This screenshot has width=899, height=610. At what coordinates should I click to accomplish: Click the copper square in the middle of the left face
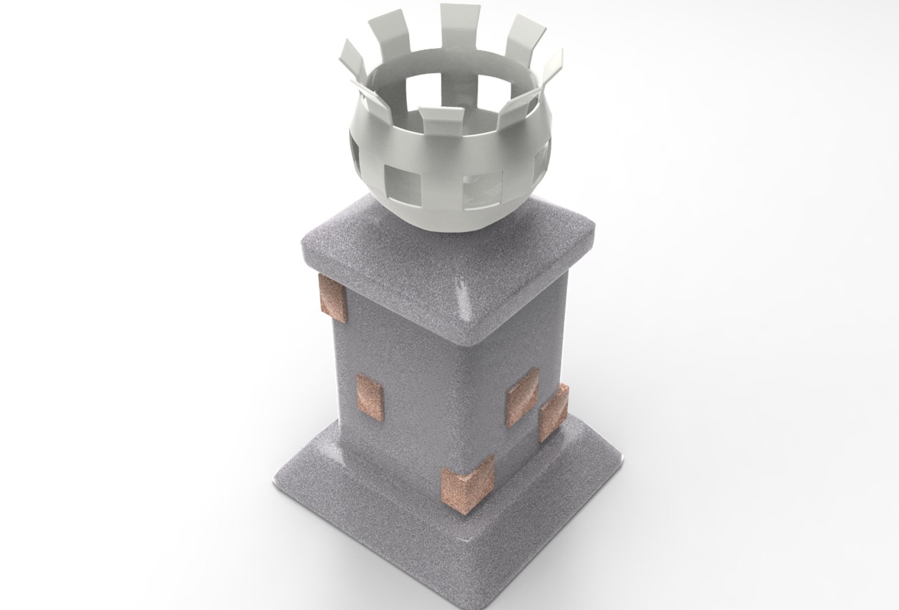(x=370, y=398)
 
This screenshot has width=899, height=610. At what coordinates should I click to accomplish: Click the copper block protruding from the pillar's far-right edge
(x=553, y=412)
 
